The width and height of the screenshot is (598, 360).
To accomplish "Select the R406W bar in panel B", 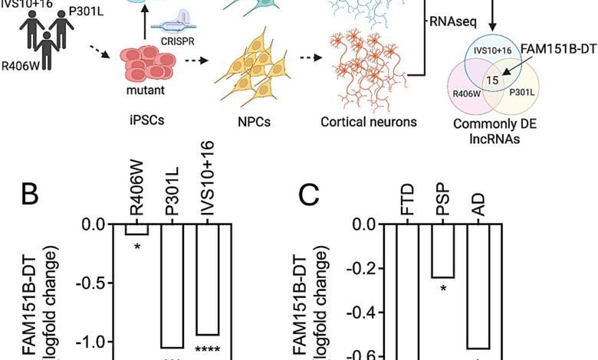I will point(136,228).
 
